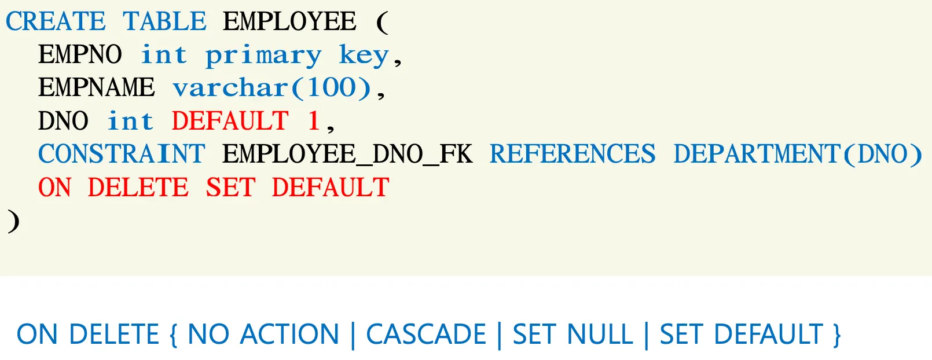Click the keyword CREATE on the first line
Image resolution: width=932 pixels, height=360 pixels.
[x=56, y=22]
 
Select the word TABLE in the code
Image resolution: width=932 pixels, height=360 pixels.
[x=164, y=22]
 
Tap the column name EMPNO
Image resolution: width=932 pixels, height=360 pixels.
[x=80, y=55]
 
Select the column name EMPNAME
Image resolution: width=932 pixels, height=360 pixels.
[x=97, y=88]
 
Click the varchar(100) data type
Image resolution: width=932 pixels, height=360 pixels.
[x=272, y=88]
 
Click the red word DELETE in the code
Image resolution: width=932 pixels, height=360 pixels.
[x=138, y=188]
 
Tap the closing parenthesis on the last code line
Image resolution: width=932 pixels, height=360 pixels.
[x=13, y=221]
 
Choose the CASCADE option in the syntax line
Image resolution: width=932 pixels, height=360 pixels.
[x=426, y=335]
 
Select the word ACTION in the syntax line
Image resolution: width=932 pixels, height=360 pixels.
[x=289, y=335]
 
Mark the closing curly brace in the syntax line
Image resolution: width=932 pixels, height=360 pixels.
[x=836, y=335]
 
